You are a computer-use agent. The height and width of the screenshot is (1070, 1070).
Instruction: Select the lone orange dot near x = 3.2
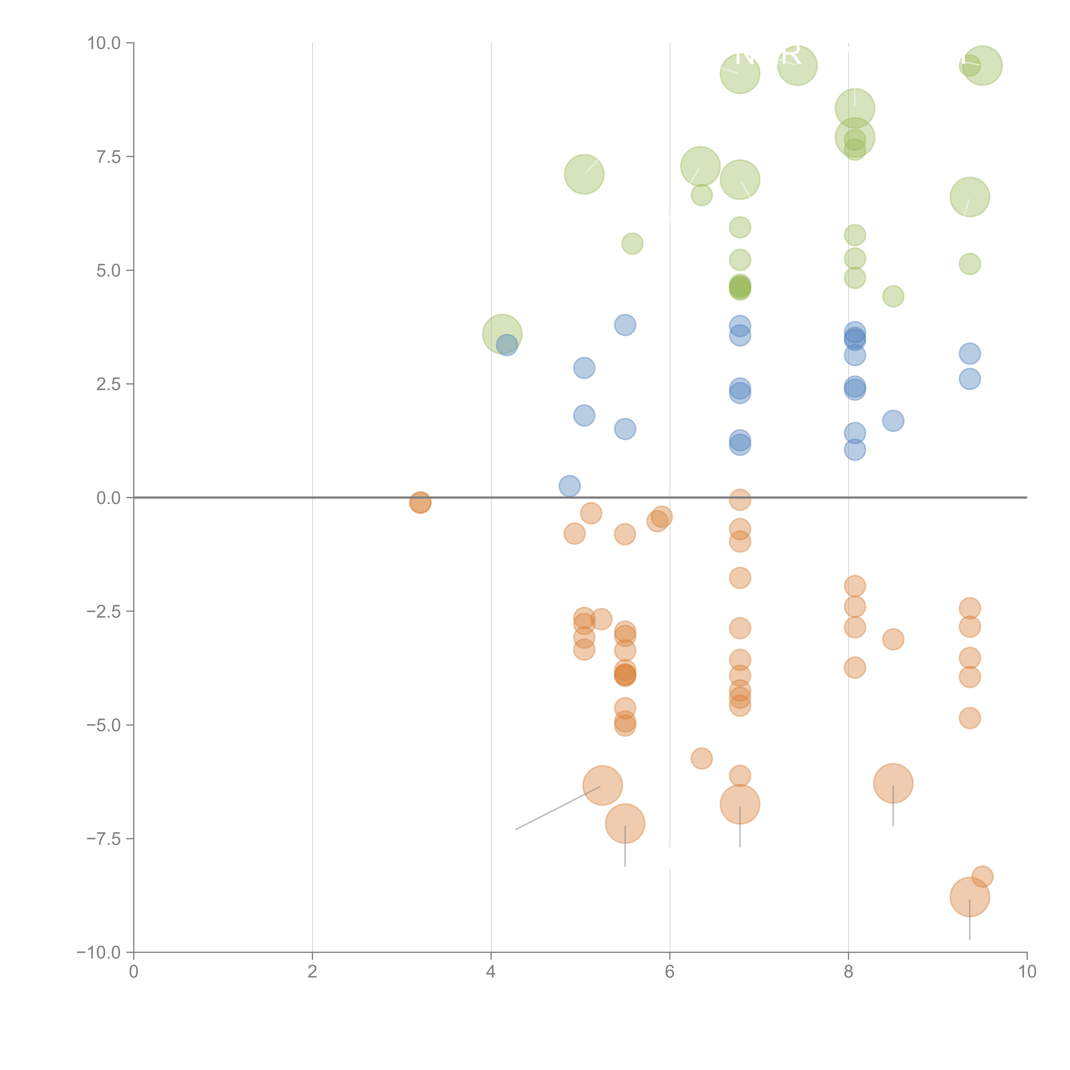(420, 502)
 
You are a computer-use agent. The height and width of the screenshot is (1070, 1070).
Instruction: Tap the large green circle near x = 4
(502, 334)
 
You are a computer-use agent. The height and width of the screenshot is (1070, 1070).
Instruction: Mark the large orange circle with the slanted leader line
(603, 785)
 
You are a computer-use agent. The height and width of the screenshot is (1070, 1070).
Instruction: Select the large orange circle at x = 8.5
(893, 783)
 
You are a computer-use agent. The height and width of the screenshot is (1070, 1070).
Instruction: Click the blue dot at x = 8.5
(893, 421)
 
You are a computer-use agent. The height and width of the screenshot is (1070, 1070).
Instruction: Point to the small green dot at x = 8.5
(893, 296)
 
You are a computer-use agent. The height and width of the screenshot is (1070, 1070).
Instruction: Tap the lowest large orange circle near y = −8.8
(969, 897)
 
